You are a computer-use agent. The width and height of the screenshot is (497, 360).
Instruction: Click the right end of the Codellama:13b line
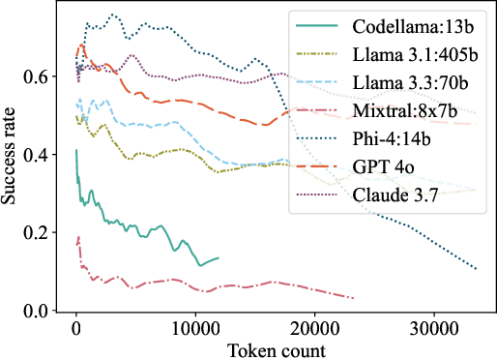click(219, 257)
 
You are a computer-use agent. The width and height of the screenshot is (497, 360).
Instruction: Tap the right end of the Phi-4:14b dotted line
click(477, 269)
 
